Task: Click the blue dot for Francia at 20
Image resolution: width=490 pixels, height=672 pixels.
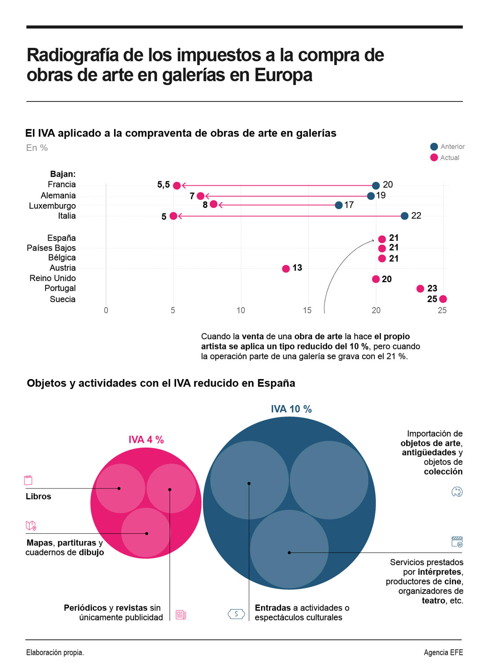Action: tap(376, 185)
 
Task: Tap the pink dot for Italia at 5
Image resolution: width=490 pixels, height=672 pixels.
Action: tap(173, 216)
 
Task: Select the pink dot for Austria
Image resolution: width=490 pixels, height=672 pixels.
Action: tap(286, 268)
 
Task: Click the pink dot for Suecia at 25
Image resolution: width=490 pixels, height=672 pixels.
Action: tap(443, 299)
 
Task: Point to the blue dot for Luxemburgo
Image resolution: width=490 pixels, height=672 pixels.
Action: tap(338, 205)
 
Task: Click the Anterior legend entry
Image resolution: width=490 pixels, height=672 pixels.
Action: tap(448, 147)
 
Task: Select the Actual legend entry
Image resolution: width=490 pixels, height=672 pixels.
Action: tap(445, 157)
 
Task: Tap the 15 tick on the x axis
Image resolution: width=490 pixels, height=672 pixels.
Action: tap(307, 310)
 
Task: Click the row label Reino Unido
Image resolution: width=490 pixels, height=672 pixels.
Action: tap(52, 278)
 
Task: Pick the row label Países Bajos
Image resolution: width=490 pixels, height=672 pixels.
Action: tap(51, 248)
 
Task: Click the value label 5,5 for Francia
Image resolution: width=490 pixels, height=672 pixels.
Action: tap(163, 185)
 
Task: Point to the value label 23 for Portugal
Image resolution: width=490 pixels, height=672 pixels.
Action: tap(432, 288)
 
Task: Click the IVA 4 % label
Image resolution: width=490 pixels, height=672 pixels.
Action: tap(146, 440)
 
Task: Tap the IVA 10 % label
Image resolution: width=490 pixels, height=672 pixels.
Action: tap(291, 409)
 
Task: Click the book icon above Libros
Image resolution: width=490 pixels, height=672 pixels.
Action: tap(28, 480)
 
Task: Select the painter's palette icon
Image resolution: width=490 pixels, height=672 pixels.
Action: tap(457, 492)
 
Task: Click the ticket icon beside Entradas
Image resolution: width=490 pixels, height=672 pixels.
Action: tap(236, 614)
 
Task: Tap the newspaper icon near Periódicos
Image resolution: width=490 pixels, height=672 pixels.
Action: tap(181, 615)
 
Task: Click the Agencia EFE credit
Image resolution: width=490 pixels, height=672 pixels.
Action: tap(443, 652)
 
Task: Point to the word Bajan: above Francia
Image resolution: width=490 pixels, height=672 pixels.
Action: tap(63, 174)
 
